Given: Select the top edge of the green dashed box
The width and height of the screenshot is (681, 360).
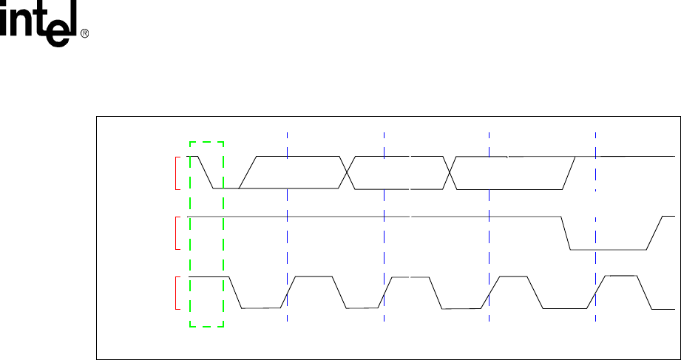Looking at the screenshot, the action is (206, 141).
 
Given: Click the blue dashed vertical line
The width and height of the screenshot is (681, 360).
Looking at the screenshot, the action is (287, 222).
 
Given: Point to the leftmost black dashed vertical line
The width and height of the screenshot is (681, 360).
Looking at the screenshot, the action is (384, 222).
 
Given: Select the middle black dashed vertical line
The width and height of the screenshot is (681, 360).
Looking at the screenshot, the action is (489, 222).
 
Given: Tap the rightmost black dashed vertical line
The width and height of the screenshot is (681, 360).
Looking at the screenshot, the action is (595, 222).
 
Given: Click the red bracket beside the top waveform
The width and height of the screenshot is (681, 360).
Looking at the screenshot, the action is (175, 173).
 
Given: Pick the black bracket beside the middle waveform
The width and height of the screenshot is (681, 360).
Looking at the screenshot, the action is (175, 232).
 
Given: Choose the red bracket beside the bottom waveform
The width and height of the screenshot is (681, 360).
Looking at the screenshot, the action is (175, 292).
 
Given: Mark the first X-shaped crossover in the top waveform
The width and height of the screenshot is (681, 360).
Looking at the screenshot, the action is (346, 172).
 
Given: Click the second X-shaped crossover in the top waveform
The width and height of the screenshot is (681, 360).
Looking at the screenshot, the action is (449, 172).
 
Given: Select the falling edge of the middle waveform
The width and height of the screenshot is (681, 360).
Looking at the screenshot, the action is (566, 234).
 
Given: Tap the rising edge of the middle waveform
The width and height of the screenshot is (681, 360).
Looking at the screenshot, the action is (655, 234).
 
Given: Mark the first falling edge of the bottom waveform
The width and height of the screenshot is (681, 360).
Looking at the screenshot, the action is (236, 292).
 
